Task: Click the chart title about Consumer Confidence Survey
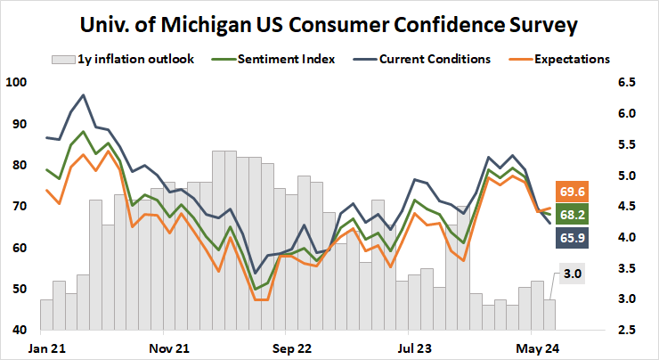click(329, 24)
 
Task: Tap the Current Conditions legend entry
click(435, 60)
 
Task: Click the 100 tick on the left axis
click(16, 83)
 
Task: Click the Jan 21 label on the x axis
click(45, 346)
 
